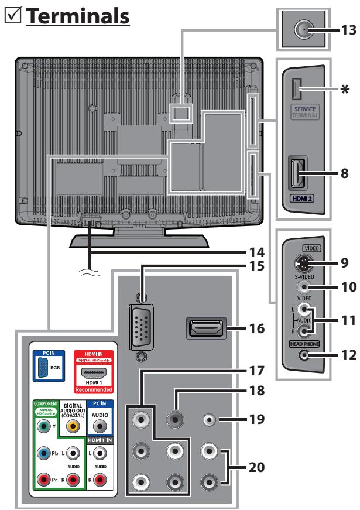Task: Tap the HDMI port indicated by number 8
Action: coord(298,173)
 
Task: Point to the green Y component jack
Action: coord(43,426)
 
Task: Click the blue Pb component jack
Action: coord(43,453)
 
